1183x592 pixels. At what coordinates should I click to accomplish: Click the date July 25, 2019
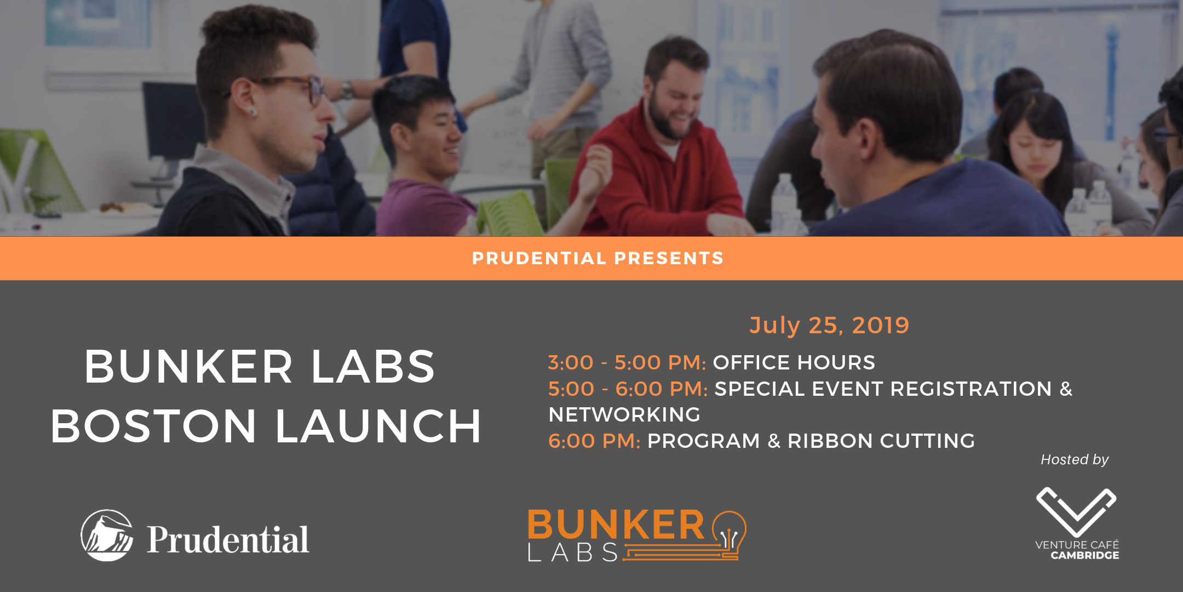[829, 325]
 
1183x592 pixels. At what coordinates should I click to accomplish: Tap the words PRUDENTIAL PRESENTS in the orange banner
[598, 258]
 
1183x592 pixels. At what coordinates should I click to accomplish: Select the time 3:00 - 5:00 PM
[627, 362]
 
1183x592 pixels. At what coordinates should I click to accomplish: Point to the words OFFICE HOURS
[794, 362]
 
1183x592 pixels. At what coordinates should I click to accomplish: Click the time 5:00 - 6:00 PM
[628, 389]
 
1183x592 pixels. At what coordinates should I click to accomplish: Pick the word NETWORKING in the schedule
[624, 414]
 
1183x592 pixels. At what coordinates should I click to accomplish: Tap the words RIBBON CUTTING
[881, 441]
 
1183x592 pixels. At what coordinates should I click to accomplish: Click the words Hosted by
[1075, 459]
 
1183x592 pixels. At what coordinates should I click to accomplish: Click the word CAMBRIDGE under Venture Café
[1084, 555]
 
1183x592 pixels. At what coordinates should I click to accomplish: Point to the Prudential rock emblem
[107, 535]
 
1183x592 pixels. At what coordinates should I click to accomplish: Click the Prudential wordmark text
[228, 539]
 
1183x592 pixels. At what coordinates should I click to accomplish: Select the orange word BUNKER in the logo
[616, 525]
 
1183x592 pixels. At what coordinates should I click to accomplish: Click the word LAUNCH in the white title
[378, 426]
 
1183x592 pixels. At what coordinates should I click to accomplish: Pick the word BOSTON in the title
[153, 426]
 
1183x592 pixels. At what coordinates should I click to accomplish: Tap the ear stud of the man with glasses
[252, 112]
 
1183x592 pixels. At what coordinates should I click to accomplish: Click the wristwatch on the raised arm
[346, 89]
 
